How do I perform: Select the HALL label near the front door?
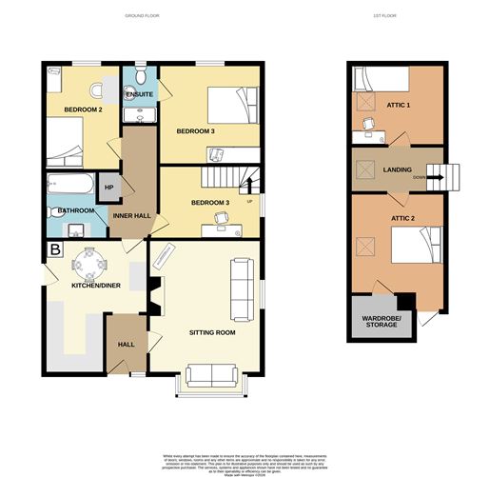point(126,345)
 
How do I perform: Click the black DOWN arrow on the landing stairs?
point(428,177)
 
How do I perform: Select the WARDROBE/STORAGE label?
point(381,321)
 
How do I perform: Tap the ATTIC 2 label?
point(398,218)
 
